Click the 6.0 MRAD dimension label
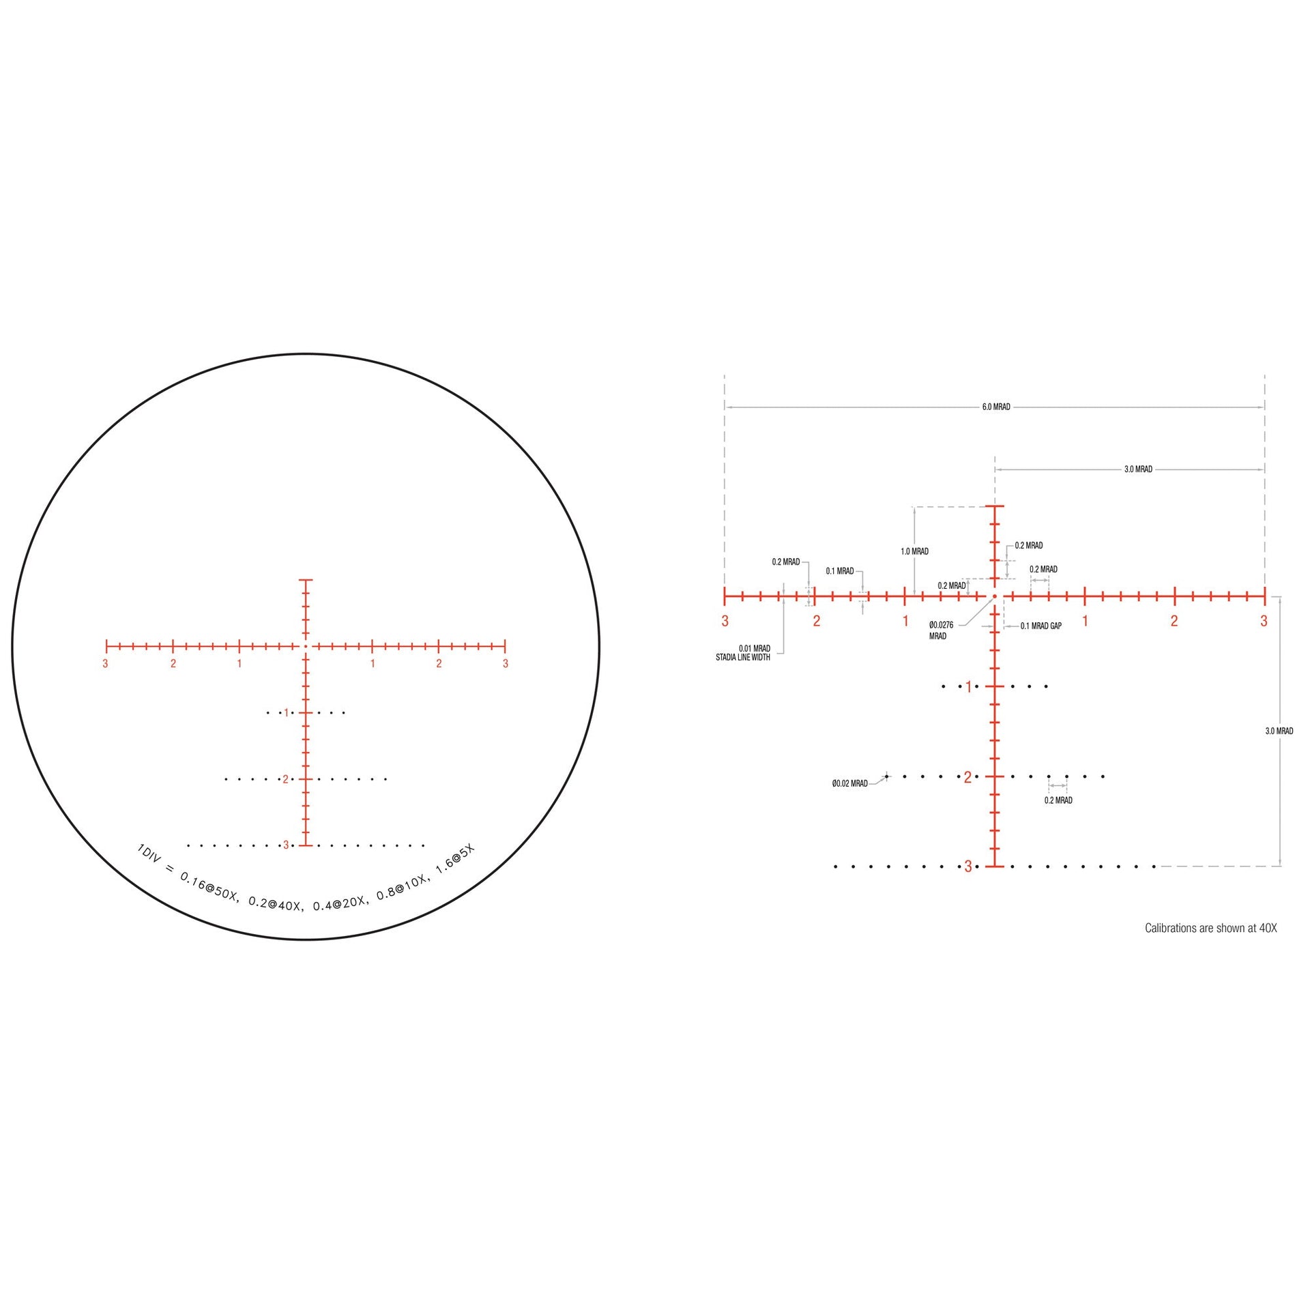[x=995, y=407]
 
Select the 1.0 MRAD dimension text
[x=914, y=551]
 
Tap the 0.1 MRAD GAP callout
[x=1040, y=626]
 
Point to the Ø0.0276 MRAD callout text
[x=940, y=630]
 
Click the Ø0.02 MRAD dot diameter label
[x=849, y=784]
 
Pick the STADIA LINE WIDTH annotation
[x=743, y=658]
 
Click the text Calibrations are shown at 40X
[x=1210, y=928]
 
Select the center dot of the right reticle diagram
[x=995, y=596]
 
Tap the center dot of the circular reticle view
[x=306, y=645]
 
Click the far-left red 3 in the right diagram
[x=725, y=621]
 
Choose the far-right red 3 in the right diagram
[x=1264, y=621]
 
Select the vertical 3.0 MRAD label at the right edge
[x=1279, y=731]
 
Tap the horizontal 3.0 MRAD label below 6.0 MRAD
[x=1138, y=469]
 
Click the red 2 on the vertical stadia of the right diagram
[x=967, y=777]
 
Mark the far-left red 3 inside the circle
[x=105, y=664]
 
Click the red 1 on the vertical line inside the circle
[x=286, y=713]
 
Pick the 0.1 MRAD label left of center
[x=839, y=571]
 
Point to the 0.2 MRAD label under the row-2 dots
[x=1058, y=800]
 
